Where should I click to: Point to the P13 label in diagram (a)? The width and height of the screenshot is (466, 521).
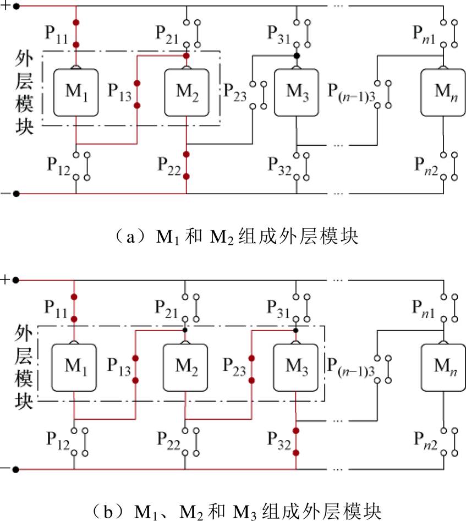pyautogui.click(x=119, y=91)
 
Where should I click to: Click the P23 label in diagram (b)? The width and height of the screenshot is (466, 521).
pyautogui.click(x=234, y=366)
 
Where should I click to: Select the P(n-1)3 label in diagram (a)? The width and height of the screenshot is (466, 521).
pyautogui.click(x=353, y=91)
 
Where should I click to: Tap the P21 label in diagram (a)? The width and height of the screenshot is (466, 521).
pyautogui.click(x=169, y=34)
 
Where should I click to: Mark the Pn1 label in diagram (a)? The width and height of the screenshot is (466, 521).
pyautogui.click(x=425, y=34)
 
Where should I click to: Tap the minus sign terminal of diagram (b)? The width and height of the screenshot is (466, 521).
pyautogui.click(x=6, y=469)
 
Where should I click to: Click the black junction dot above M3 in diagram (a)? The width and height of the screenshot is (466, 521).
pyautogui.click(x=297, y=56)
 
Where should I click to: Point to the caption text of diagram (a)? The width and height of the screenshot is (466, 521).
pyautogui.click(x=233, y=237)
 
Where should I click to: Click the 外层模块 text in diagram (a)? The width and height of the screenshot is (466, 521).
pyautogui.click(x=25, y=91)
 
